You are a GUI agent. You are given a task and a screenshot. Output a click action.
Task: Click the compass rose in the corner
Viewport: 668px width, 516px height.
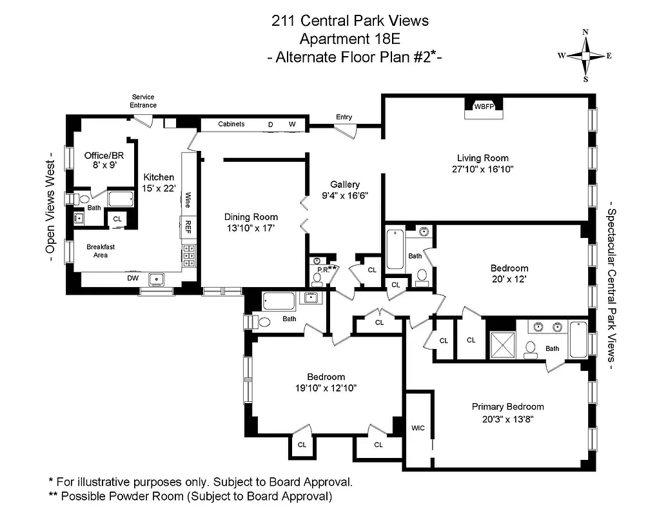585,55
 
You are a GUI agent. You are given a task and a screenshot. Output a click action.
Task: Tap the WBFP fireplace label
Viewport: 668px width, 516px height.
484,106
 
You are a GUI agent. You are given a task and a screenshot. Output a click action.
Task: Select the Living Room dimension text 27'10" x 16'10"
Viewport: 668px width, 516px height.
482,170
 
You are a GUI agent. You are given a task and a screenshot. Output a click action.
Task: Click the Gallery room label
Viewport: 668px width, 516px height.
344,184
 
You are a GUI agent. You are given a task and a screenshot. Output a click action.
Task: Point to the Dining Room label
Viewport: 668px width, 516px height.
251,217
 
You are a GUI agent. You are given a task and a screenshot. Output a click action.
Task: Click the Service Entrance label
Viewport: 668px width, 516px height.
142,101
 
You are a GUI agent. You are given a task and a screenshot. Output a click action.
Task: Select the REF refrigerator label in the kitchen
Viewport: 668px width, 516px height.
188,226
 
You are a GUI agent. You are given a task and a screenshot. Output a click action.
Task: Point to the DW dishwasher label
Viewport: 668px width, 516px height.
132,278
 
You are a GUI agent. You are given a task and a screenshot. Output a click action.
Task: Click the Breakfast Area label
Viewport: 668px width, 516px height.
97,250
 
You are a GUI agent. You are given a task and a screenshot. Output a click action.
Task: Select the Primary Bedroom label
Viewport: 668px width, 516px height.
507,406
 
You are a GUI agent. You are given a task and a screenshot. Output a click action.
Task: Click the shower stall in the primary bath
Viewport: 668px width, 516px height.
503,341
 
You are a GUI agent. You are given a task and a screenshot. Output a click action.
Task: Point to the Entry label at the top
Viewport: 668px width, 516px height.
344,117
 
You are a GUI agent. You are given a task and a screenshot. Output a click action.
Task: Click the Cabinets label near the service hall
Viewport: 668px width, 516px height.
231,124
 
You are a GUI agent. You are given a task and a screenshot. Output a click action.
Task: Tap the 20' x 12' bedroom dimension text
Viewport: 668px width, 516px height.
509,280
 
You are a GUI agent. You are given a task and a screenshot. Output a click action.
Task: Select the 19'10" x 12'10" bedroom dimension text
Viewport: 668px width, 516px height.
325,388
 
